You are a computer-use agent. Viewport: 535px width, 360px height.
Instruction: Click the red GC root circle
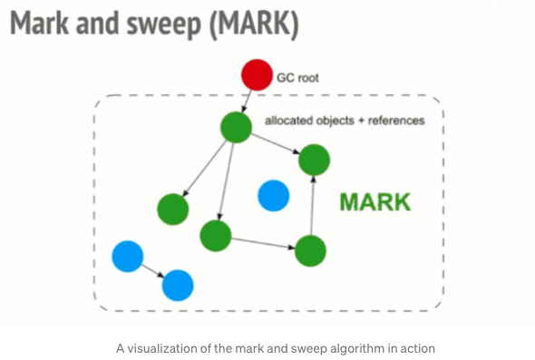pos(257,74)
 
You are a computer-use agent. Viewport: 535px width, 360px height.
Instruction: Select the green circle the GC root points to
pos(236,127)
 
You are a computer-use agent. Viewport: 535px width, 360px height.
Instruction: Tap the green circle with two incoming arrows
pos(314,161)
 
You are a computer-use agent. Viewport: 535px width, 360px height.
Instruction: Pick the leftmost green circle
pos(172,209)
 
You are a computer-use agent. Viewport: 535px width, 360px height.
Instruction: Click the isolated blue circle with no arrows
pos(273,195)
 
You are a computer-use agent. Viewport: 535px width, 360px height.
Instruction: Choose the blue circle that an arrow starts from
pos(127,258)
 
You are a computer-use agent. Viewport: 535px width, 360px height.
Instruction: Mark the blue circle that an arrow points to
pos(178,286)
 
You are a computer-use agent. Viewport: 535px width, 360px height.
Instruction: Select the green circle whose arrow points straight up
pos(310,249)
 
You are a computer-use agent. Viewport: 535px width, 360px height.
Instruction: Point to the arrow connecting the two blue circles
pos(152,271)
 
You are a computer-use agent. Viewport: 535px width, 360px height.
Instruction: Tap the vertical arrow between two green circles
pos(312,205)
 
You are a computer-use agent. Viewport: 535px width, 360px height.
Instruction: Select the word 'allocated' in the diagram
pos(286,121)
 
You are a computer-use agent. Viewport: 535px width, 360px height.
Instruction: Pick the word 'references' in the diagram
pos(394,121)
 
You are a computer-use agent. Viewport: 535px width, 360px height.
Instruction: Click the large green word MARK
pos(374,201)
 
